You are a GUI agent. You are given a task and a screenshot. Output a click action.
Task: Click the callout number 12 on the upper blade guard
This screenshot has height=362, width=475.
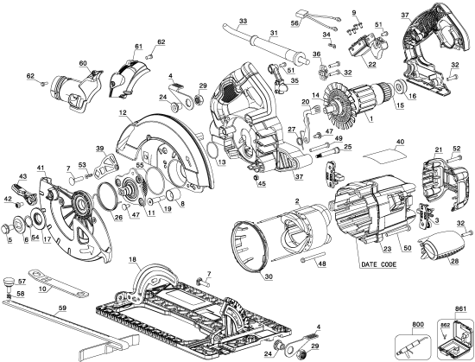click(123, 114)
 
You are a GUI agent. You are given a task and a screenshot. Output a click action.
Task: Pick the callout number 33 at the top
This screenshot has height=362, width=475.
click(243, 20)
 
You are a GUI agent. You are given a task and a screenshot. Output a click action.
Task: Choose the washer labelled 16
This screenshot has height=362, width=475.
click(403, 89)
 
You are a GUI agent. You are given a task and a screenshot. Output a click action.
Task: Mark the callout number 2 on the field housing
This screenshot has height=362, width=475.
click(296, 201)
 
